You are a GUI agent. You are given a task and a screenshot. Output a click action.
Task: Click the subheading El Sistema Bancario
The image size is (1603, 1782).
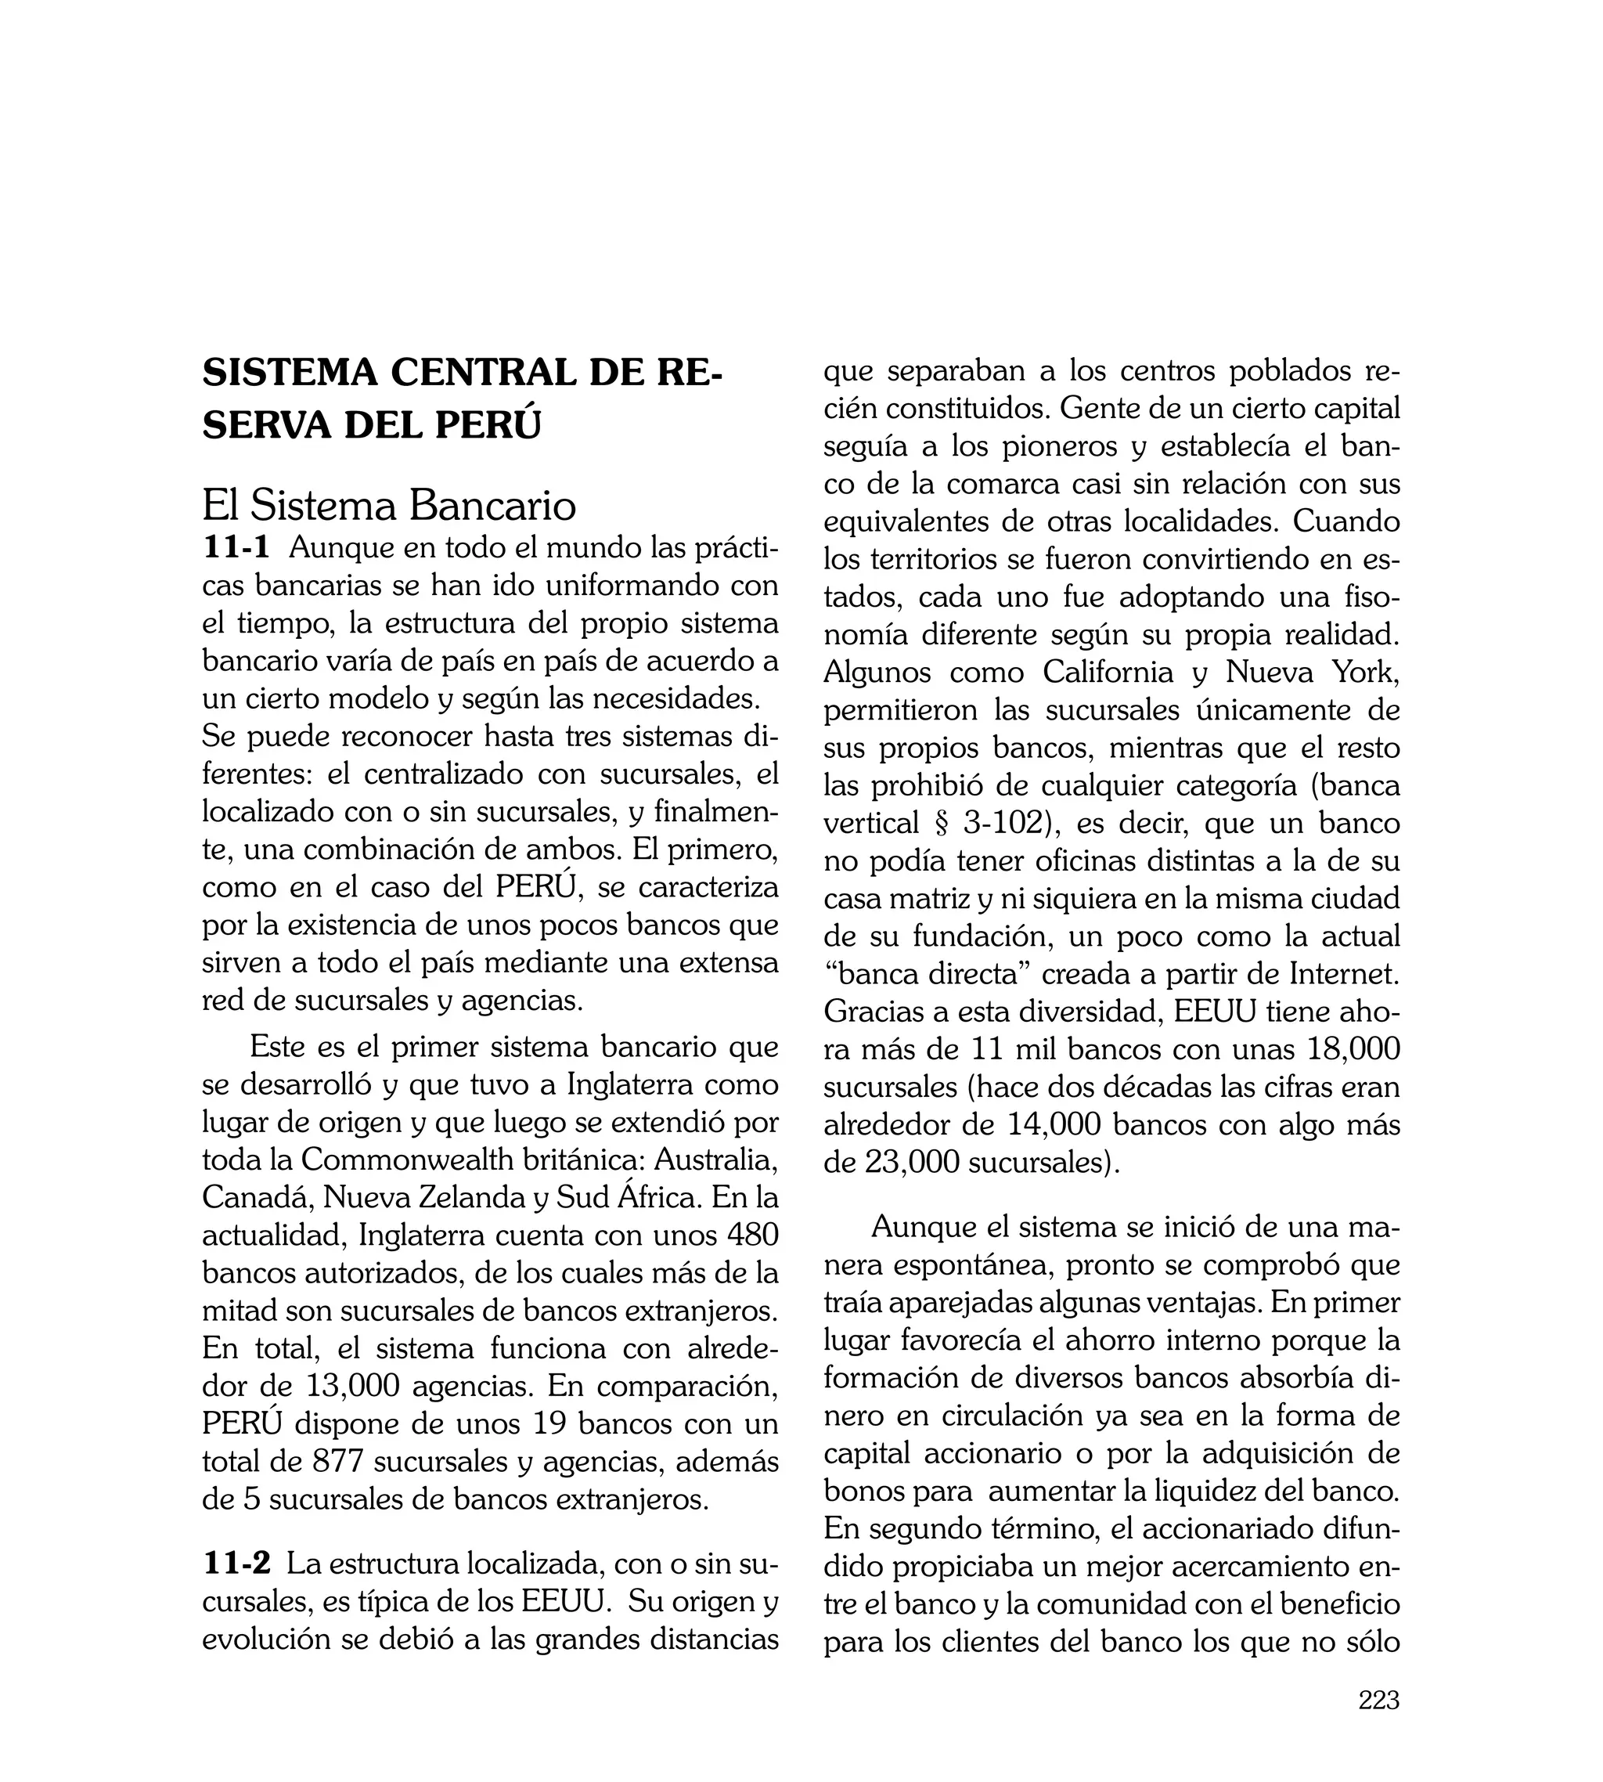388,506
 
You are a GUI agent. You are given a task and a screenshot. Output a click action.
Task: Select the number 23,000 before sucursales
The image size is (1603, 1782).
913,1163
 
